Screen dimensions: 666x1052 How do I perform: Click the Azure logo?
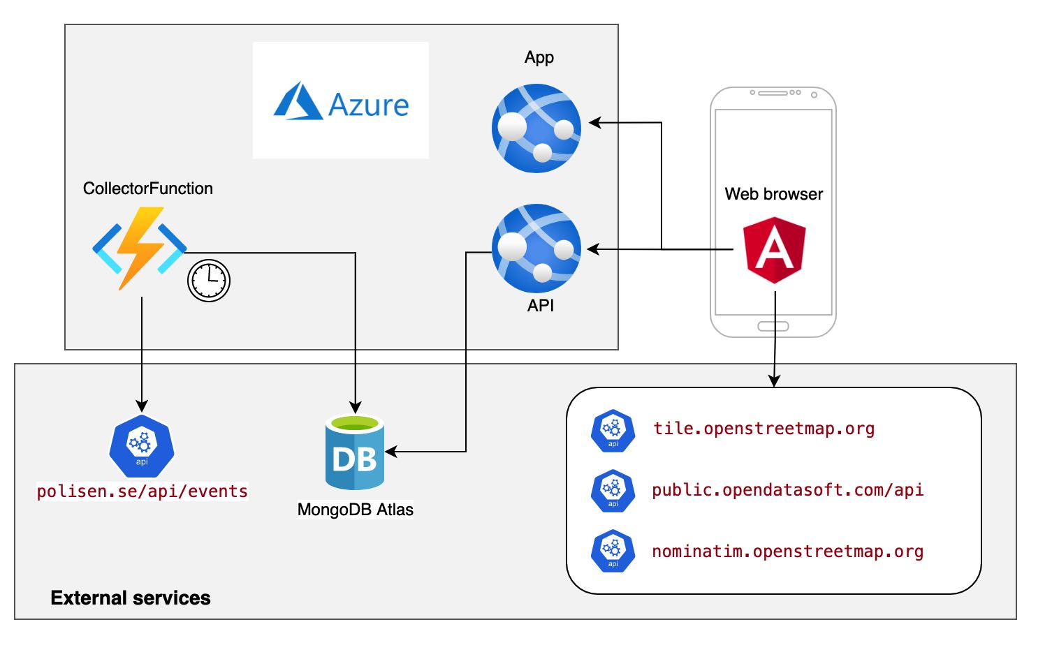click(341, 102)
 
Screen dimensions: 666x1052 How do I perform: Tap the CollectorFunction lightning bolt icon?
click(140, 248)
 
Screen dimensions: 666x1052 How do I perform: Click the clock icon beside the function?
click(209, 281)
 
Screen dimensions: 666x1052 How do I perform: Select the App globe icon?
click(536, 128)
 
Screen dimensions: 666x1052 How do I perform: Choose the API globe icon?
click(536, 248)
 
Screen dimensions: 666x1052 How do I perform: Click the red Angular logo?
click(774, 249)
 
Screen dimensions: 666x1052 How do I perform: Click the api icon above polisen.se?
click(142, 446)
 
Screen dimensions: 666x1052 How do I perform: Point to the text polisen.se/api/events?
click(143, 491)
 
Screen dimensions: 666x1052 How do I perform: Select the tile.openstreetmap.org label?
click(764, 429)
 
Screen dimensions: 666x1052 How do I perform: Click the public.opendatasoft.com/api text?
click(787, 490)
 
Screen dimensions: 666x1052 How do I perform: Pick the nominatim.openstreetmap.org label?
click(787, 552)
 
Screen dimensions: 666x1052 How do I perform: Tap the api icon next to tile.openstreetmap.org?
click(613, 431)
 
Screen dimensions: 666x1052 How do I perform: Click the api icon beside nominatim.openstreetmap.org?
click(613, 552)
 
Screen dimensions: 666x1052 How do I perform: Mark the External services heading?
click(131, 598)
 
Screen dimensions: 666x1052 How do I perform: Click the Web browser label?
click(773, 194)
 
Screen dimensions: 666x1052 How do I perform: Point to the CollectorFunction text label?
click(148, 188)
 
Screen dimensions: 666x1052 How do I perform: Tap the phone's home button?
click(773, 326)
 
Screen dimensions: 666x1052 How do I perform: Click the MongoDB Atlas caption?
click(355, 510)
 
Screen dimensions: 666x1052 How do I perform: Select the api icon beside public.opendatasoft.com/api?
click(613, 491)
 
